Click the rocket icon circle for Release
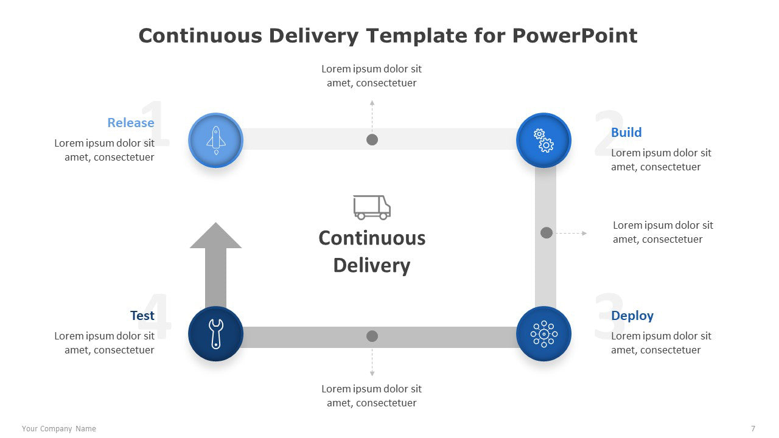[x=215, y=140]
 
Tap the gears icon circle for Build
[x=543, y=140]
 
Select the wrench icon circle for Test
[x=215, y=334]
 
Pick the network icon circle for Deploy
[x=543, y=334]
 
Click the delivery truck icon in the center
[x=372, y=207]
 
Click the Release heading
[x=131, y=123]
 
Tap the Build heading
[x=626, y=133]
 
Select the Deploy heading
[x=632, y=316]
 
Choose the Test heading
[x=142, y=316]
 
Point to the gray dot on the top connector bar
[x=372, y=140]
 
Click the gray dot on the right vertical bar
[x=547, y=232]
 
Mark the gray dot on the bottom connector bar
[x=372, y=336]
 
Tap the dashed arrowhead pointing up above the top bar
[x=372, y=103]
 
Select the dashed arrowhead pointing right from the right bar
[x=584, y=233]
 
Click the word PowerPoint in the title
[x=575, y=36]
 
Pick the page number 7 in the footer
[x=753, y=429]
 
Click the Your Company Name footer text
[x=59, y=429]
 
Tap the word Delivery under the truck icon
[x=372, y=266]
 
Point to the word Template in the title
[x=416, y=36]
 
